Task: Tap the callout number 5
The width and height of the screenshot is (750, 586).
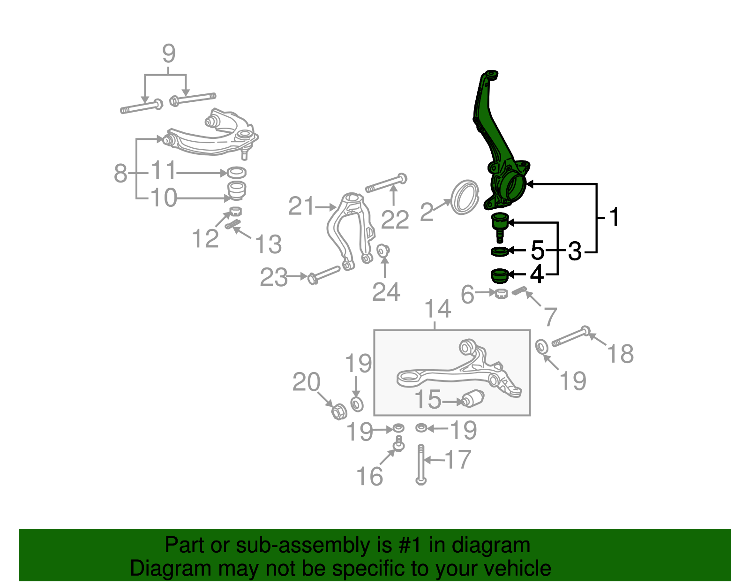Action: point(538,251)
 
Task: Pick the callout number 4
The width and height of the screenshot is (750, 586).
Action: point(537,274)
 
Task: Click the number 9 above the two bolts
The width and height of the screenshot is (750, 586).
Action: point(169,53)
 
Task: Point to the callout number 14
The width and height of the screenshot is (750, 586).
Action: point(438,309)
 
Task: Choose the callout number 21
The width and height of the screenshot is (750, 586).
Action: point(301,206)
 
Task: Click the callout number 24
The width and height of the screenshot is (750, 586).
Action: point(386,292)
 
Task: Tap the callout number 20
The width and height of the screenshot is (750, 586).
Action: point(306,382)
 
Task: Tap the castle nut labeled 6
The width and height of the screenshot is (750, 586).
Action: point(501,294)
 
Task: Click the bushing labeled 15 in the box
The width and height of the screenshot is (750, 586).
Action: point(472,399)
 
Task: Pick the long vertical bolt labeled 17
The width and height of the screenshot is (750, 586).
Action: point(421,464)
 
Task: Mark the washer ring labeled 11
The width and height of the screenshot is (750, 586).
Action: point(237,172)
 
